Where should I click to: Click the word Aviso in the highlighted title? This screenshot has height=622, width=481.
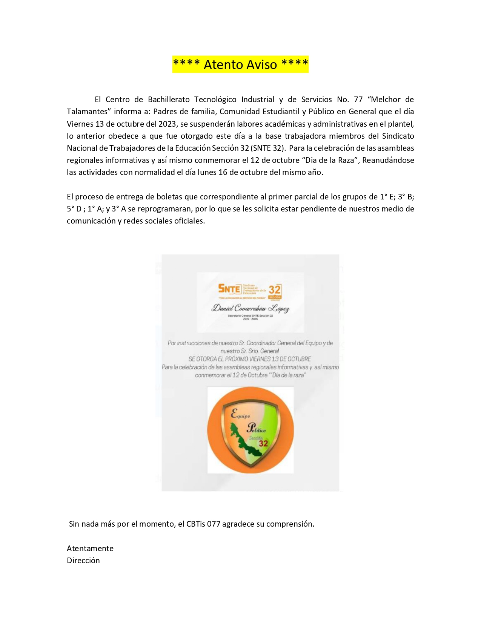pyautogui.click(x=259, y=64)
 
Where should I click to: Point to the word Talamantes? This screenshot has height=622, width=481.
pyautogui.click(x=88, y=112)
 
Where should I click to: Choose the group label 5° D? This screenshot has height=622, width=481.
pyautogui.click(x=74, y=209)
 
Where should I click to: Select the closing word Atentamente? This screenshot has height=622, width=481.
pyautogui.click(x=90, y=548)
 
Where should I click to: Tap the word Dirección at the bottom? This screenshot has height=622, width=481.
pyautogui.click(x=83, y=561)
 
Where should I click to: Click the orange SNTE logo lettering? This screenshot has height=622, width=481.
pyautogui.click(x=229, y=289)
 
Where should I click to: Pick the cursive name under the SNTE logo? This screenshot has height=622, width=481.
pyautogui.click(x=250, y=308)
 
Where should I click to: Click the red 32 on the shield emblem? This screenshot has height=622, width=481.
pyautogui.click(x=263, y=444)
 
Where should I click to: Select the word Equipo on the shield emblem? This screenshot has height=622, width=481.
pyautogui.click(x=240, y=414)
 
